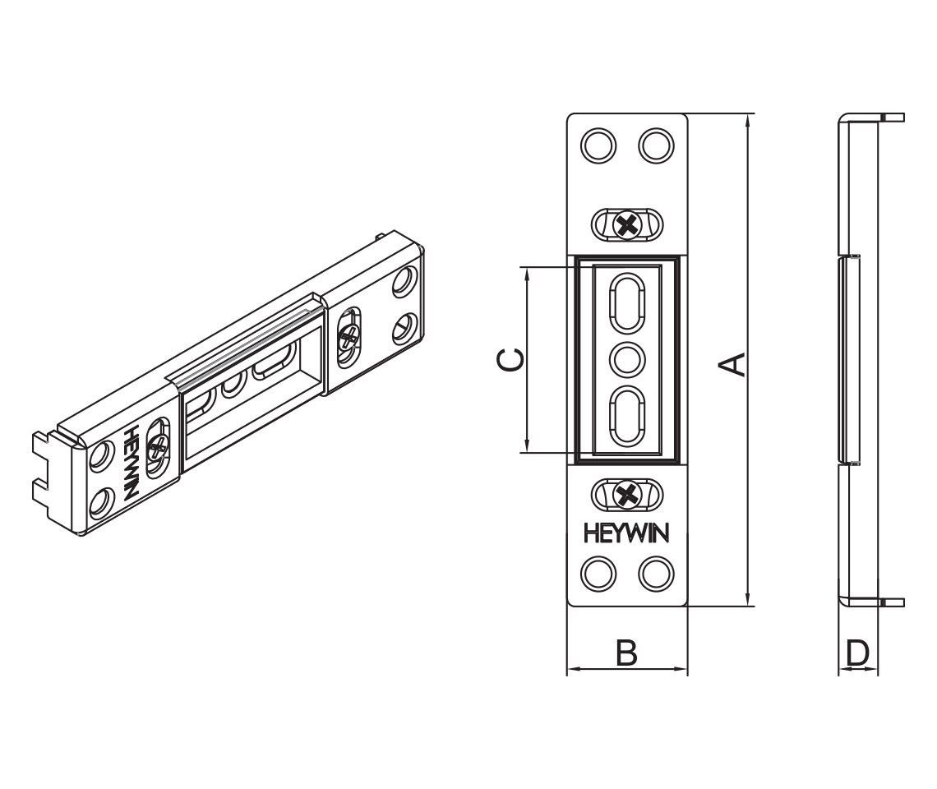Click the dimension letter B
click(626, 654)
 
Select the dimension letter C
click(509, 360)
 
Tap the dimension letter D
click(857, 654)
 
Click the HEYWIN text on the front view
click(626, 533)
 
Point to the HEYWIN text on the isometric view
click(130, 462)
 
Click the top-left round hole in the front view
click(598, 145)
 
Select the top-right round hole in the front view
click(656, 145)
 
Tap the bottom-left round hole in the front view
click(598, 573)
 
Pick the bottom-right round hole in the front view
click(656, 573)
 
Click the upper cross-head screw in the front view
click(627, 224)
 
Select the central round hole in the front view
click(627, 359)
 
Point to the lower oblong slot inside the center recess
click(627, 416)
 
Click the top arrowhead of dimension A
click(747, 120)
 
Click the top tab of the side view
click(892, 118)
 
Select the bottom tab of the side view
click(892, 602)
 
